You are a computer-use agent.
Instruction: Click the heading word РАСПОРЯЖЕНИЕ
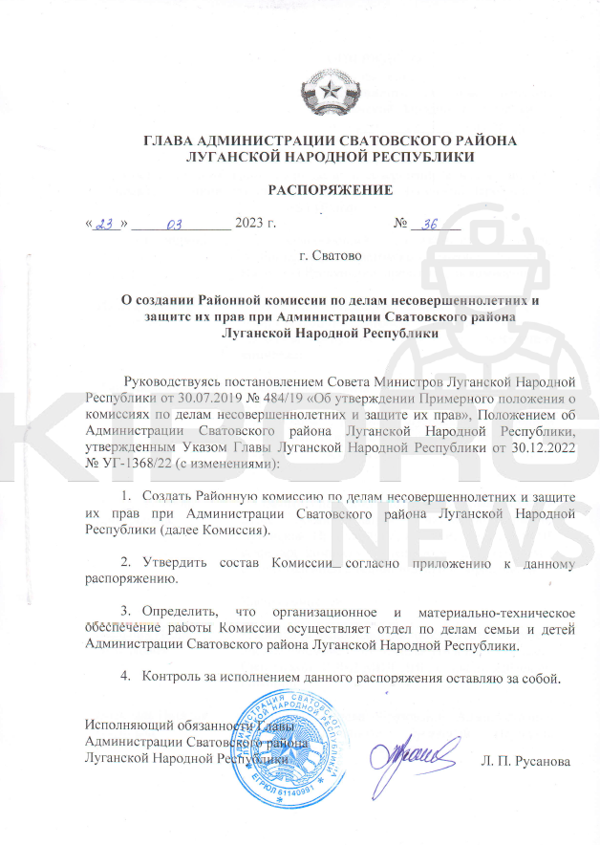click(330, 190)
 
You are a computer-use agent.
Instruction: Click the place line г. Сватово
click(330, 256)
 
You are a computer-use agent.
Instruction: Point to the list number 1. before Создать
click(125, 495)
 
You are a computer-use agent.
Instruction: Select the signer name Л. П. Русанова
click(524, 761)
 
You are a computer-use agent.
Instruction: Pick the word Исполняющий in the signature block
click(128, 724)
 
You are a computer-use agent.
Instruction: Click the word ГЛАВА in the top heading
click(172, 141)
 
